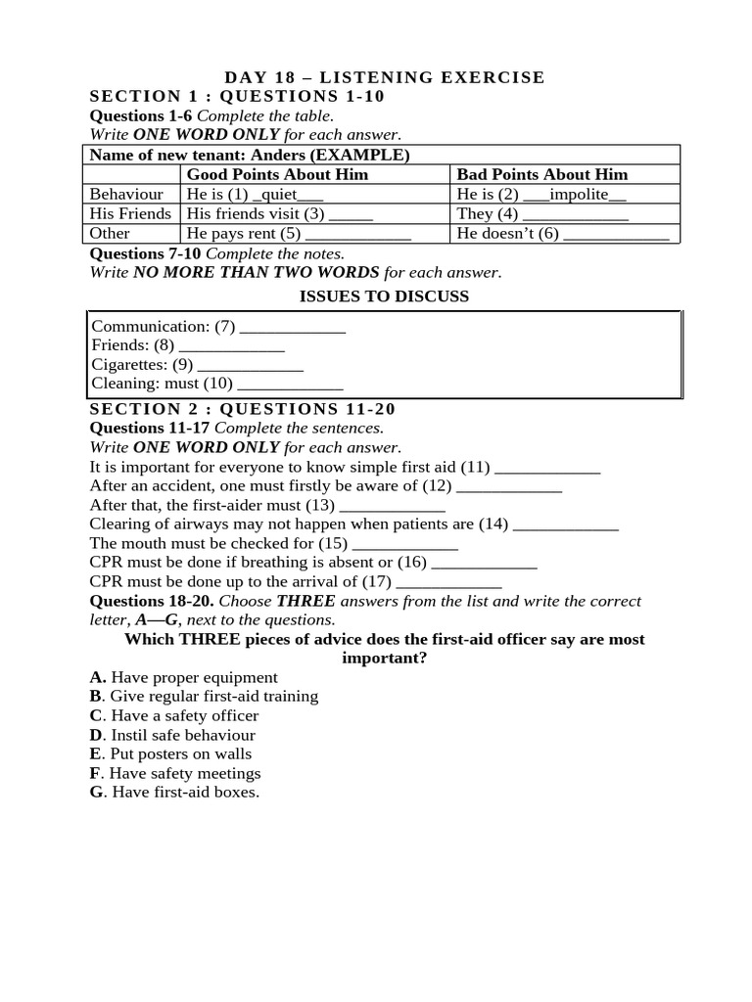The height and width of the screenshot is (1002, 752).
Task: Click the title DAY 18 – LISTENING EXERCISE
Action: tap(385, 77)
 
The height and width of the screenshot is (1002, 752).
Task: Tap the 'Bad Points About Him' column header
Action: tap(542, 174)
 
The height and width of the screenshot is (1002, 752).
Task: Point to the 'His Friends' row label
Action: tap(130, 213)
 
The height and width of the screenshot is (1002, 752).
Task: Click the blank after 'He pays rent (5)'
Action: tap(358, 234)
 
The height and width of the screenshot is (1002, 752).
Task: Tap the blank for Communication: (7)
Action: tap(293, 327)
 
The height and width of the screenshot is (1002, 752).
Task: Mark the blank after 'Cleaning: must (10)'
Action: tap(290, 384)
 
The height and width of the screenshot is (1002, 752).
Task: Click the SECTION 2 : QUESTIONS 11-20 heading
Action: tap(243, 409)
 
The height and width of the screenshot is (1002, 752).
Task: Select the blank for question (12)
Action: tap(509, 486)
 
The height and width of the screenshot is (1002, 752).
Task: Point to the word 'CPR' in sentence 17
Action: tap(106, 581)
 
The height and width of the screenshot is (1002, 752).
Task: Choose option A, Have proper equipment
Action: tap(184, 677)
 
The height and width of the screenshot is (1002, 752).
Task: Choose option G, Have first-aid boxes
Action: tap(174, 793)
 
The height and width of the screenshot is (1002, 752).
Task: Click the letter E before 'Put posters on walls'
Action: tap(95, 754)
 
